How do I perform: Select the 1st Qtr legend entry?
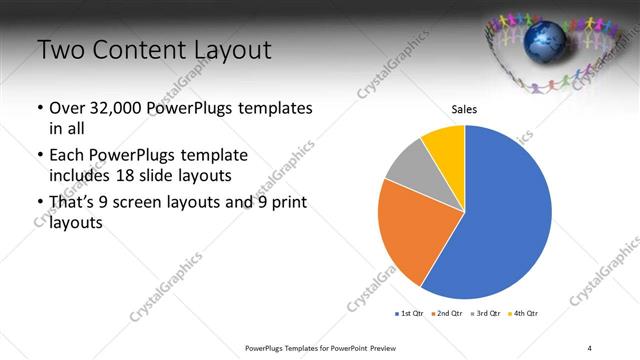pyautogui.click(x=412, y=313)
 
